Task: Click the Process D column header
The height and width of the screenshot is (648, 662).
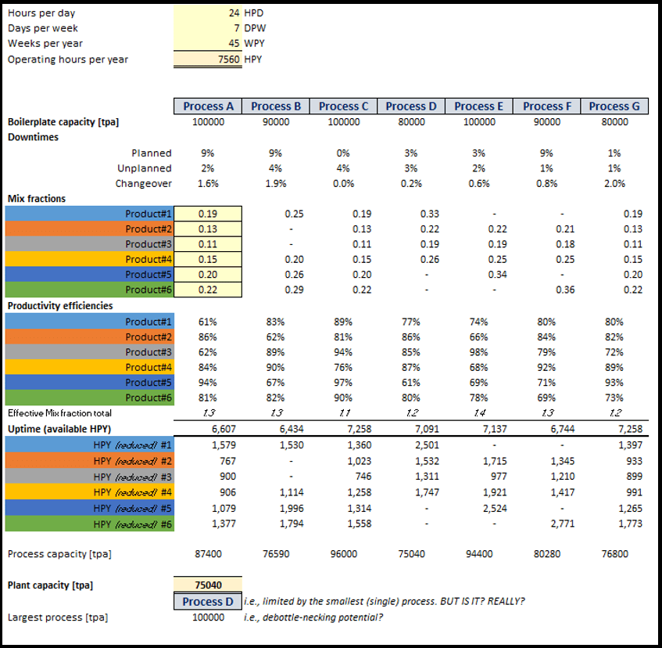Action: click(x=411, y=106)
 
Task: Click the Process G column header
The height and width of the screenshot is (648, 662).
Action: click(x=614, y=106)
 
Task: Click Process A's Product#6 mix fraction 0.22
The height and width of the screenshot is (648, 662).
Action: click(x=208, y=290)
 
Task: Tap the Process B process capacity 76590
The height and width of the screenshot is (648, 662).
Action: click(x=276, y=554)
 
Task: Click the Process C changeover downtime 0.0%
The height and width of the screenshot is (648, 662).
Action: click(x=343, y=183)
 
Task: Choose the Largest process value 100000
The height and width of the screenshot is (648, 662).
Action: click(x=208, y=617)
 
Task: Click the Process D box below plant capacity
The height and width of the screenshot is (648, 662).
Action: click(x=208, y=601)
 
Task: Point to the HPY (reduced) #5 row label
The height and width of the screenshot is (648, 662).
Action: click(x=132, y=509)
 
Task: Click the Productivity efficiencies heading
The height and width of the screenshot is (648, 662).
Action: click(x=60, y=305)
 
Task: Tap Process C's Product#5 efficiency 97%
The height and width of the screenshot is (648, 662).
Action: click(x=343, y=383)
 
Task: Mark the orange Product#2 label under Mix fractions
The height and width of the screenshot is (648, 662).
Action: click(x=148, y=229)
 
